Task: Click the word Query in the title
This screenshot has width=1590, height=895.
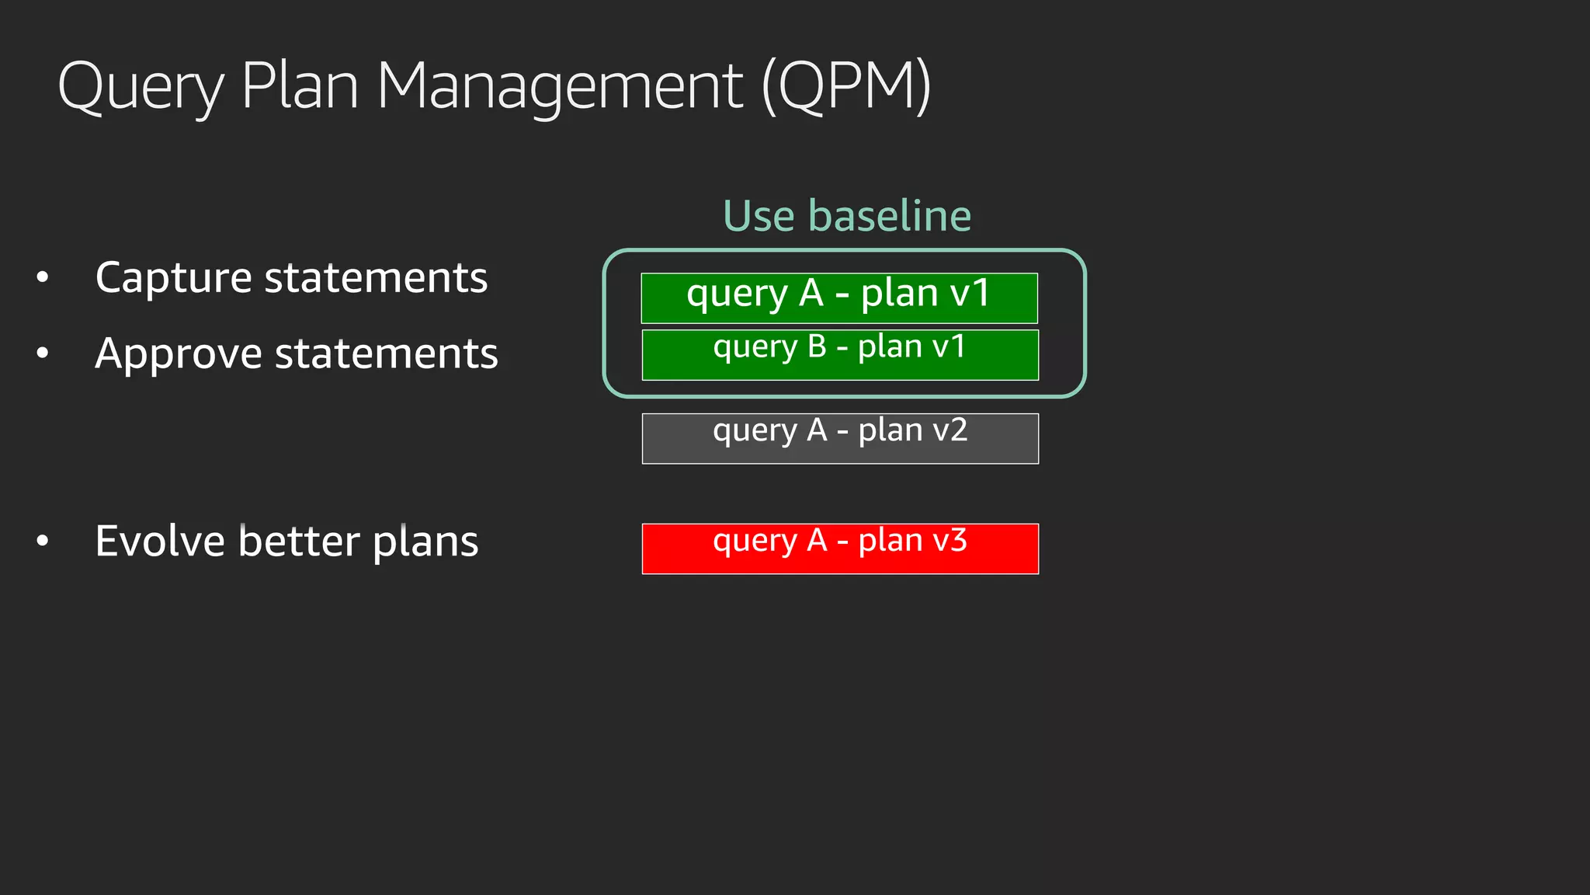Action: tap(141, 87)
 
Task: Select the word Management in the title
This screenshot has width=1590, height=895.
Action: tap(560, 87)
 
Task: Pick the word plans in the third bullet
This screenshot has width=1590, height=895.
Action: tap(425, 542)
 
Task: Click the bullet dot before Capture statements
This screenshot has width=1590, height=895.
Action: tap(43, 277)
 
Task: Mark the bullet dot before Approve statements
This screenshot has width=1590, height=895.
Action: tap(43, 353)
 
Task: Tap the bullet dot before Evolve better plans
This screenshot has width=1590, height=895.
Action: tap(43, 541)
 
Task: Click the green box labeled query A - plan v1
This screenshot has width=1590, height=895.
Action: tap(839, 298)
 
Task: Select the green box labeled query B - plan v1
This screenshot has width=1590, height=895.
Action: tap(840, 355)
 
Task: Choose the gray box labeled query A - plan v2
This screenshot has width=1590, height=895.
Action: tap(840, 439)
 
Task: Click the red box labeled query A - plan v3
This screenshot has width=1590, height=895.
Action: tap(840, 549)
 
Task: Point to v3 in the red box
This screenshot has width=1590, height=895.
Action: tap(949, 540)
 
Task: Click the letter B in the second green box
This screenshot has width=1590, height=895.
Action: tap(817, 347)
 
